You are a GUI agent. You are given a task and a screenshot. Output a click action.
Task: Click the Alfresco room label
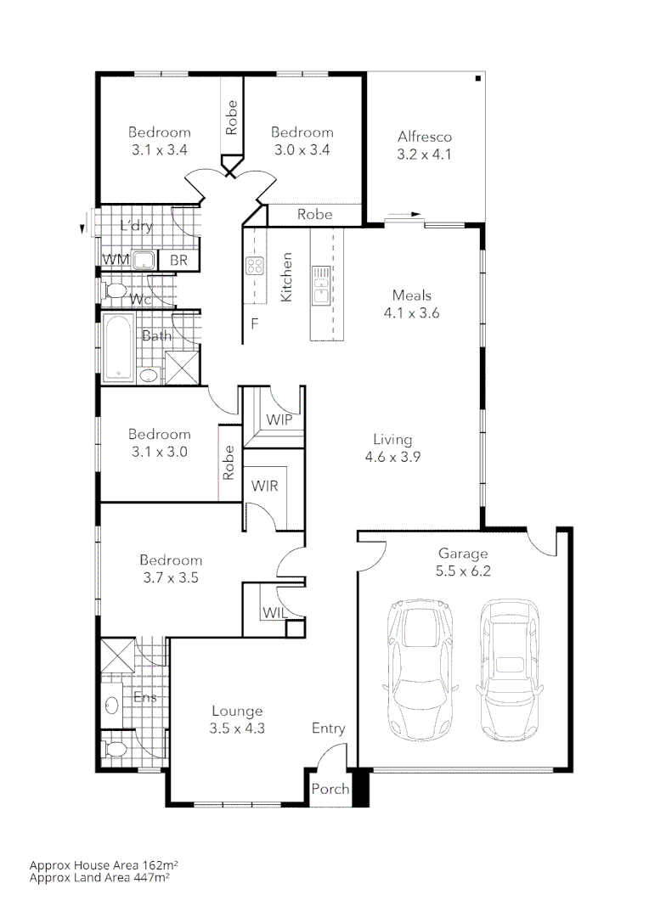(424, 137)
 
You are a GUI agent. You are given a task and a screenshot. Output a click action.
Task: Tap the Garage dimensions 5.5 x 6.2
(463, 571)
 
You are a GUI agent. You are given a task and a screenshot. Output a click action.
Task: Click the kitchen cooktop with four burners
(254, 266)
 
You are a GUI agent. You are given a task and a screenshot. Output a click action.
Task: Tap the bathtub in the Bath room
(116, 347)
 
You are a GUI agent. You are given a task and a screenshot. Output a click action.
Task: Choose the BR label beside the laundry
(178, 260)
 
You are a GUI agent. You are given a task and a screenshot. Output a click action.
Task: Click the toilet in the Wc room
(114, 291)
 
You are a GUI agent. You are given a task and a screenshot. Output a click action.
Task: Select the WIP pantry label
(279, 419)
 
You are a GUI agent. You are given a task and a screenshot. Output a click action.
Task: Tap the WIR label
(265, 486)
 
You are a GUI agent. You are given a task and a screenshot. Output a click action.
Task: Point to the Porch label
(330, 789)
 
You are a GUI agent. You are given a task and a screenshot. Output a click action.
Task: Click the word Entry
(328, 728)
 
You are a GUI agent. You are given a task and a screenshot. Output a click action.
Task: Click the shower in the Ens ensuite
(116, 656)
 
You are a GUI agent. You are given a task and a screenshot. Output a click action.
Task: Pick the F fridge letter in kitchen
(253, 323)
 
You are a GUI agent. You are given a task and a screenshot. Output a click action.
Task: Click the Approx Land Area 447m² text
(99, 878)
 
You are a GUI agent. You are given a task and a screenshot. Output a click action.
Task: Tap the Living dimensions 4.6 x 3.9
(392, 456)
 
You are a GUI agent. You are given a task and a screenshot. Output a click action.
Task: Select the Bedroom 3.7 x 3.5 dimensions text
(171, 577)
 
